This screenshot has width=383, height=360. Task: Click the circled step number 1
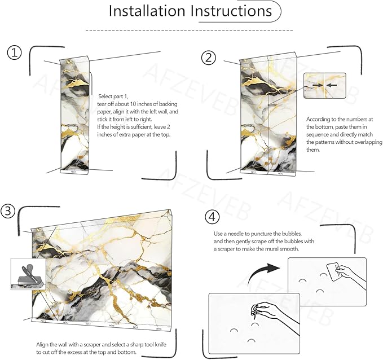(x=14, y=53)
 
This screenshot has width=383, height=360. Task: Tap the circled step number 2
(x=209, y=56)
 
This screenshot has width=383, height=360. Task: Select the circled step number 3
(x=7, y=210)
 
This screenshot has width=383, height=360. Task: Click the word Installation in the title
(x=147, y=11)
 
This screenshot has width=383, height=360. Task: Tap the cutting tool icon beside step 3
(x=27, y=274)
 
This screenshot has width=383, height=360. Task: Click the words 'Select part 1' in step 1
(x=113, y=96)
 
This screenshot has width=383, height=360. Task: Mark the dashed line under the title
(x=188, y=30)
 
